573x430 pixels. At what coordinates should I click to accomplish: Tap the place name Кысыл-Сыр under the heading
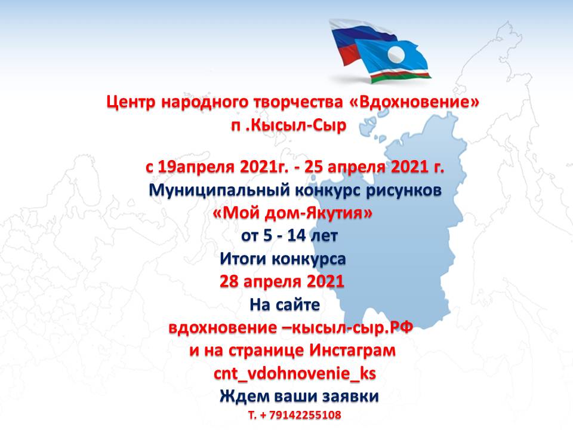(x=298, y=125)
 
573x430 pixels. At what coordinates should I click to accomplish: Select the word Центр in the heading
(x=131, y=102)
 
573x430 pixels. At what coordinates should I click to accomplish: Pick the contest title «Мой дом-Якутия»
(x=292, y=213)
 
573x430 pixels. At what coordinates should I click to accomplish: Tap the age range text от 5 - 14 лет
(x=289, y=235)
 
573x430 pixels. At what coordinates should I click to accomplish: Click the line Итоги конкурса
(x=282, y=259)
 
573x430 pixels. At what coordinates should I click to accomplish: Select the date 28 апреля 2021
(x=282, y=281)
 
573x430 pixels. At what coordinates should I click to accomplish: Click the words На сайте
(x=285, y=305)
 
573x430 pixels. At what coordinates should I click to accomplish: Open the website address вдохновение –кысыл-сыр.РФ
(x=291, y=328)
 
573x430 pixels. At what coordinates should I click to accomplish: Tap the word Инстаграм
(x=352, y=351)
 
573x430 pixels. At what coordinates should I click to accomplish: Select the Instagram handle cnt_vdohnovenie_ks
(x=295, y=374)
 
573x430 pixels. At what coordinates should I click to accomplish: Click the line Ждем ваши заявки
(x=299, y=397)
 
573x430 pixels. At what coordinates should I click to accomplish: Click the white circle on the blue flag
(x=396, y=55)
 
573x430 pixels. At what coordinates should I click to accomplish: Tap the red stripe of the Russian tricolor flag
(x=347, y=54)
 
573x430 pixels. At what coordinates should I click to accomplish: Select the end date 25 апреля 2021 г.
(x=374, y=167)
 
